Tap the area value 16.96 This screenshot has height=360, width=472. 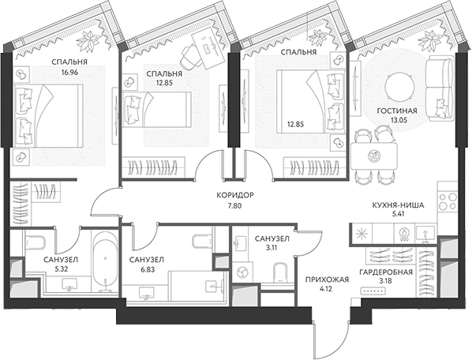pyautogui.click(x=69, y=73)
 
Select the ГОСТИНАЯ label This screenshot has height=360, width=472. pyautogui.click(x=397, y=111)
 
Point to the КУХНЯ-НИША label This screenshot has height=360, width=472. pyautogui.click(x=399, y=205)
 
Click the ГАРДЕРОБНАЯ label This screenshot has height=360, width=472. pyautogui.click(x=386, y=272)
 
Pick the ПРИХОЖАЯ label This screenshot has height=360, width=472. pyautogui.click(x=327, y=280)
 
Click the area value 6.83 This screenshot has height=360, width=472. pyautogui.click(x=148, y=270)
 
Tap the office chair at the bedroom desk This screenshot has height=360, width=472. pyautogui.click(x=190, y=56)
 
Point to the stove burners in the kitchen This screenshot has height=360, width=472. pyautogui.click(x=448, y=201)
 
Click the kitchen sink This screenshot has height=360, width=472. pyautogui.click(x=425, y=233)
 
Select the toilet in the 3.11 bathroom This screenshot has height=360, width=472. pyautogui.click(x=280, y=272)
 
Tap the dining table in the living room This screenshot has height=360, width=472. pyautogui.click(x=374, y=156)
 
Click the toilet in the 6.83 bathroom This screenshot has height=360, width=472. pyautogui.click(x=202, y=241)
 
